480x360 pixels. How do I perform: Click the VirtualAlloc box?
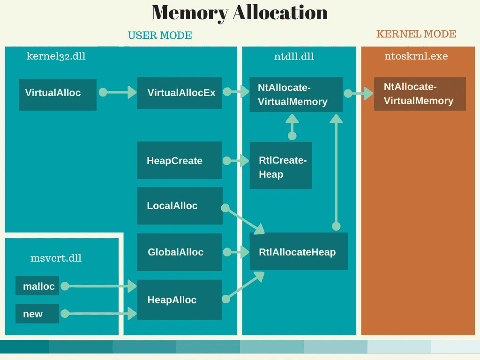pyautogui.click(x=57, y=94)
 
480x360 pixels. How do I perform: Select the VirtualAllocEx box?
pyautogui.click(x=179, y=93)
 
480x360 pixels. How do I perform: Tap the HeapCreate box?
pyautogui.click(x=179, y=160)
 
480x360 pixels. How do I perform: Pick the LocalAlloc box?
pyautogui.click(x=179, y=206)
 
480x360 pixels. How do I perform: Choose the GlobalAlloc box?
pyautogui.click(x=179, y=252)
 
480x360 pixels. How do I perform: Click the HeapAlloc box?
pyautogui.click(x=179, y=300)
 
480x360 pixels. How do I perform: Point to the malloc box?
pyautogui.click(x=37, y=286)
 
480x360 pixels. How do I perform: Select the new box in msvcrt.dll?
pyautogui.click(x=37, y=314)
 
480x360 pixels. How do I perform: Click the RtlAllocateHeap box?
pyautogui.click(x=299, y=252)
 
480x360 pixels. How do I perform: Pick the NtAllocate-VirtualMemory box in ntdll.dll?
pyautogui.click(x=296, y=94)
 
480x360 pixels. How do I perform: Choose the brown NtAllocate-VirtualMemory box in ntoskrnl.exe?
pyautogui.click(x=420, y=94)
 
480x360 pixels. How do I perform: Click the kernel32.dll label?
pyautogui.click(x=56, y=56)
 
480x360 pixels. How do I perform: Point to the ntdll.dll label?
pyautogui.click(x=294, y=57)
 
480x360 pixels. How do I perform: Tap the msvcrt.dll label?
pyautogui.click(x=56, y=258)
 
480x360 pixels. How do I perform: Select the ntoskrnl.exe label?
pyautogui.click(x=416, y=56)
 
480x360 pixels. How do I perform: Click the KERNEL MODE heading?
pyautogui.click(x=416, y=34)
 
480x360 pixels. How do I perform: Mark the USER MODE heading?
pyautogui.click(x=160, y=36)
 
